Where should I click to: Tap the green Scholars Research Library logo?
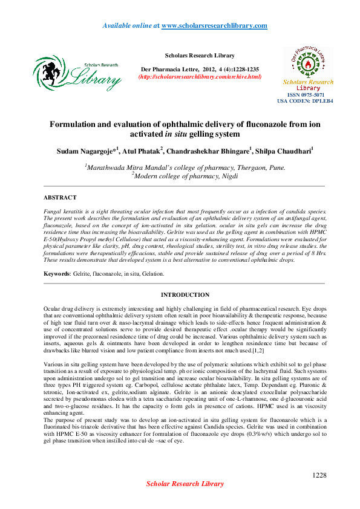(77, 73)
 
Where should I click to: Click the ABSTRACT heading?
(60, 198)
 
